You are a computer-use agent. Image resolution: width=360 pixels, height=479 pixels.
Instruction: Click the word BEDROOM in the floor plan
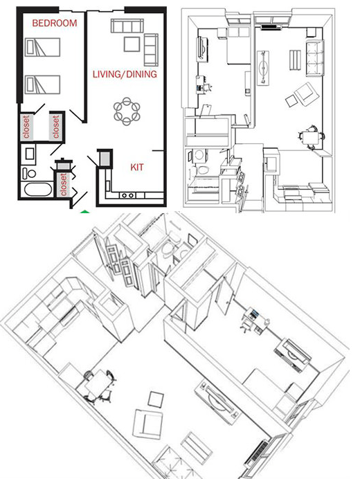54,23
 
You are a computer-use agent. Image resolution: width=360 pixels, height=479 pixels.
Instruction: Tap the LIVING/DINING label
125,73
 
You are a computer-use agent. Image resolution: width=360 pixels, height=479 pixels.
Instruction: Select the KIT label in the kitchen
137,167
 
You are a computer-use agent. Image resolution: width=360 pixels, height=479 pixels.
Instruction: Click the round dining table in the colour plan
127,111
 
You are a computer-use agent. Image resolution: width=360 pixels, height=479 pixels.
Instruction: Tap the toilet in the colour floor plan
29,172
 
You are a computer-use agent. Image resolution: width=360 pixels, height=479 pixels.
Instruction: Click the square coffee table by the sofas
132,44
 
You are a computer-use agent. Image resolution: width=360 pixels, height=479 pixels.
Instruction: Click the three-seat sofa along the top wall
127,26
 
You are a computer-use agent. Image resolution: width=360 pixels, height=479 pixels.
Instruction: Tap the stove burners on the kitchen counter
127,197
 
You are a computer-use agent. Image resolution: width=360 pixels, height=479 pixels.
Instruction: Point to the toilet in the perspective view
168,250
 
